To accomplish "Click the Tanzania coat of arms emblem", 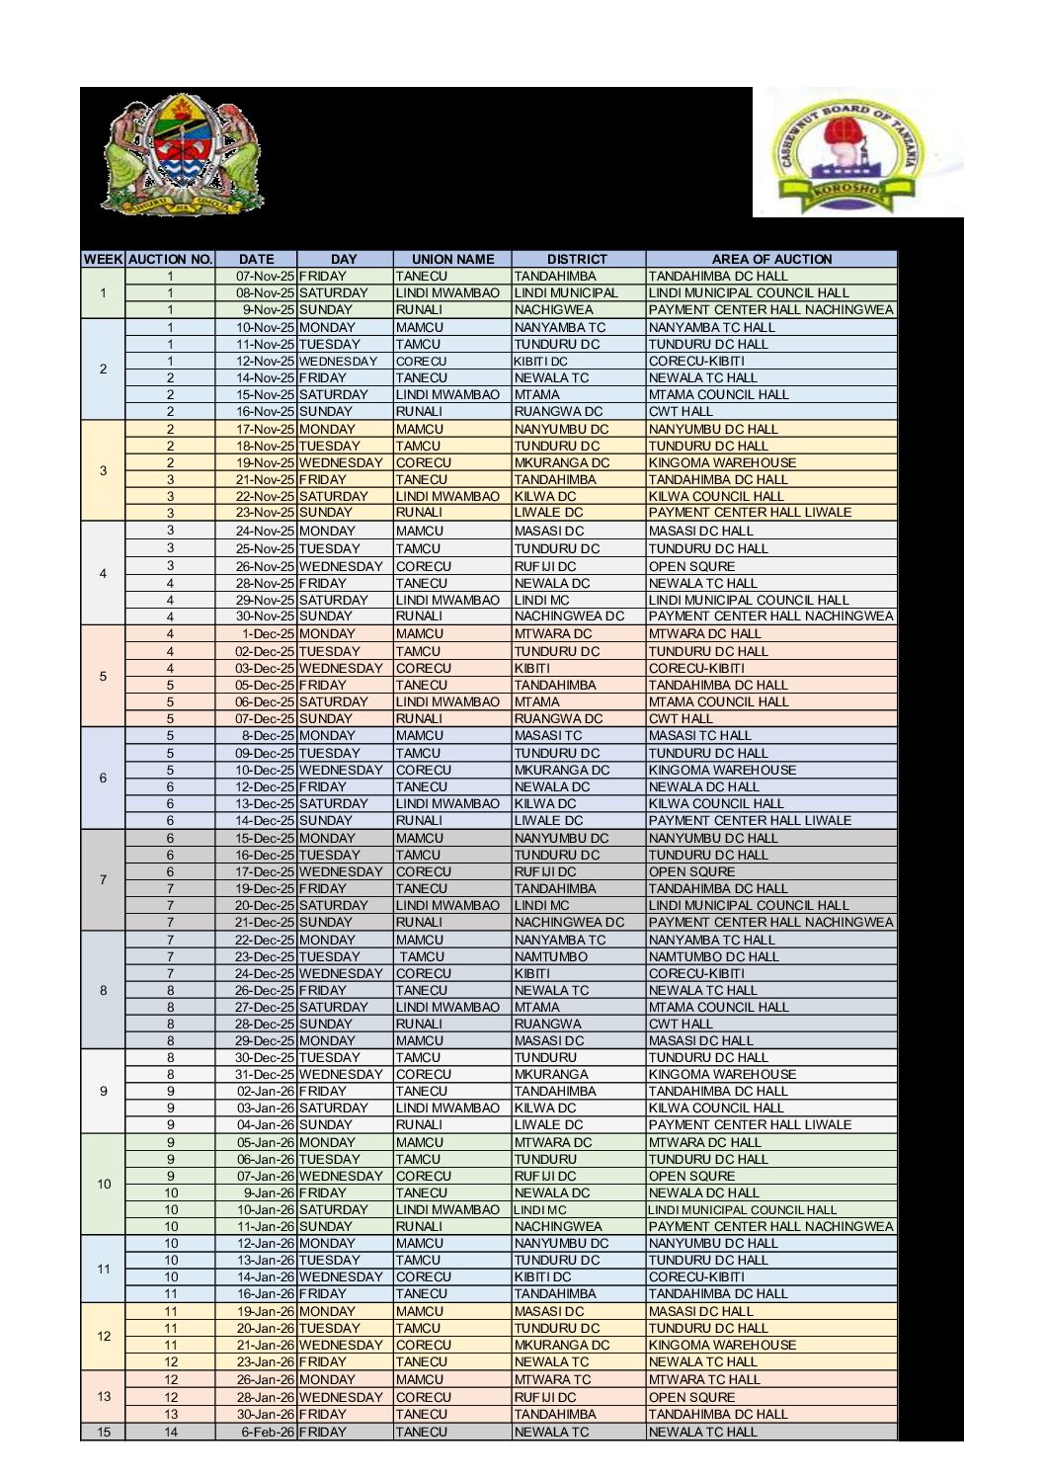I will pos(182,154).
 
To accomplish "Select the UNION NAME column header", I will pos(452,259).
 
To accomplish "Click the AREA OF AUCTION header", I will pos(771,259).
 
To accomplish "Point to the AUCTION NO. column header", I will pos(170,259).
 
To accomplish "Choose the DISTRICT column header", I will pos(577,259).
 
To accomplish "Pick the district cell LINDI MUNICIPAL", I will pos(566,293).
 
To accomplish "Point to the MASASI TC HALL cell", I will pos(699,736).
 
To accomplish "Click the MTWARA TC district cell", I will pos(552,1379).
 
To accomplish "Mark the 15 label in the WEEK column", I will pos(103,1432).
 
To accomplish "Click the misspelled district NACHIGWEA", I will pos(554,310).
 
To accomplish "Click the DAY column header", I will pos(344,259).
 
